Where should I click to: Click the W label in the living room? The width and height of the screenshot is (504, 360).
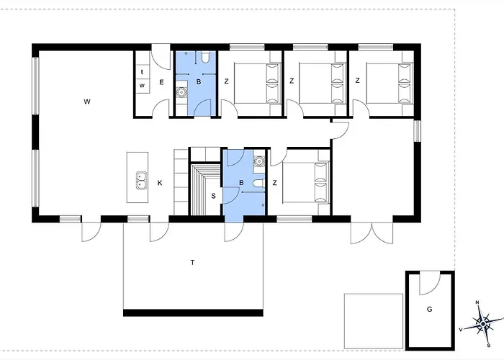click(87, 102)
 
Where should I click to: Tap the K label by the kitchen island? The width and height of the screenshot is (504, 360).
click(160, 183)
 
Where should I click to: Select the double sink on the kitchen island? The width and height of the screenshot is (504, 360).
click(141, 180)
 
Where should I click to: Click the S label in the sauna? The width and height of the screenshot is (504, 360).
click(213, 196)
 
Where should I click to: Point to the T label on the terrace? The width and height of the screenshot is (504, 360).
click(192, 263)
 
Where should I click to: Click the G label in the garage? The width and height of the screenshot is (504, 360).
click(429, 309)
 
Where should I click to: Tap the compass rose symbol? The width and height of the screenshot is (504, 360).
click(483, 323)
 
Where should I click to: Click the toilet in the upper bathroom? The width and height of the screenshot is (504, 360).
click(204, 57)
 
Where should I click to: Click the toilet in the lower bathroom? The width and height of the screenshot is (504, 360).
click(258, 183)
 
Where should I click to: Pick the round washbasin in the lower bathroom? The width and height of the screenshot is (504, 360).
click(259, 161)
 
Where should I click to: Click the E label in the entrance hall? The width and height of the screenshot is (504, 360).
click(161, 82)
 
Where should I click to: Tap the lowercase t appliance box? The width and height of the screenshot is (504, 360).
click(142, 72)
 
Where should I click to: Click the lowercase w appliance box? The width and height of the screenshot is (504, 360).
click(142, 86)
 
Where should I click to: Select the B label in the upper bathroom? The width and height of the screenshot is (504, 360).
click(199, 82)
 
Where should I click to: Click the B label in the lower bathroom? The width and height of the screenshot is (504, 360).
click(241, 183)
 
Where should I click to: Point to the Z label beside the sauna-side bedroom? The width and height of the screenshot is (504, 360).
click(274, 183)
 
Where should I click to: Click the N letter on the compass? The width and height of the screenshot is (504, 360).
click(477, 302)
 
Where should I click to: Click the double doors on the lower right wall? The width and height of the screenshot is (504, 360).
click(372, 233)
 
